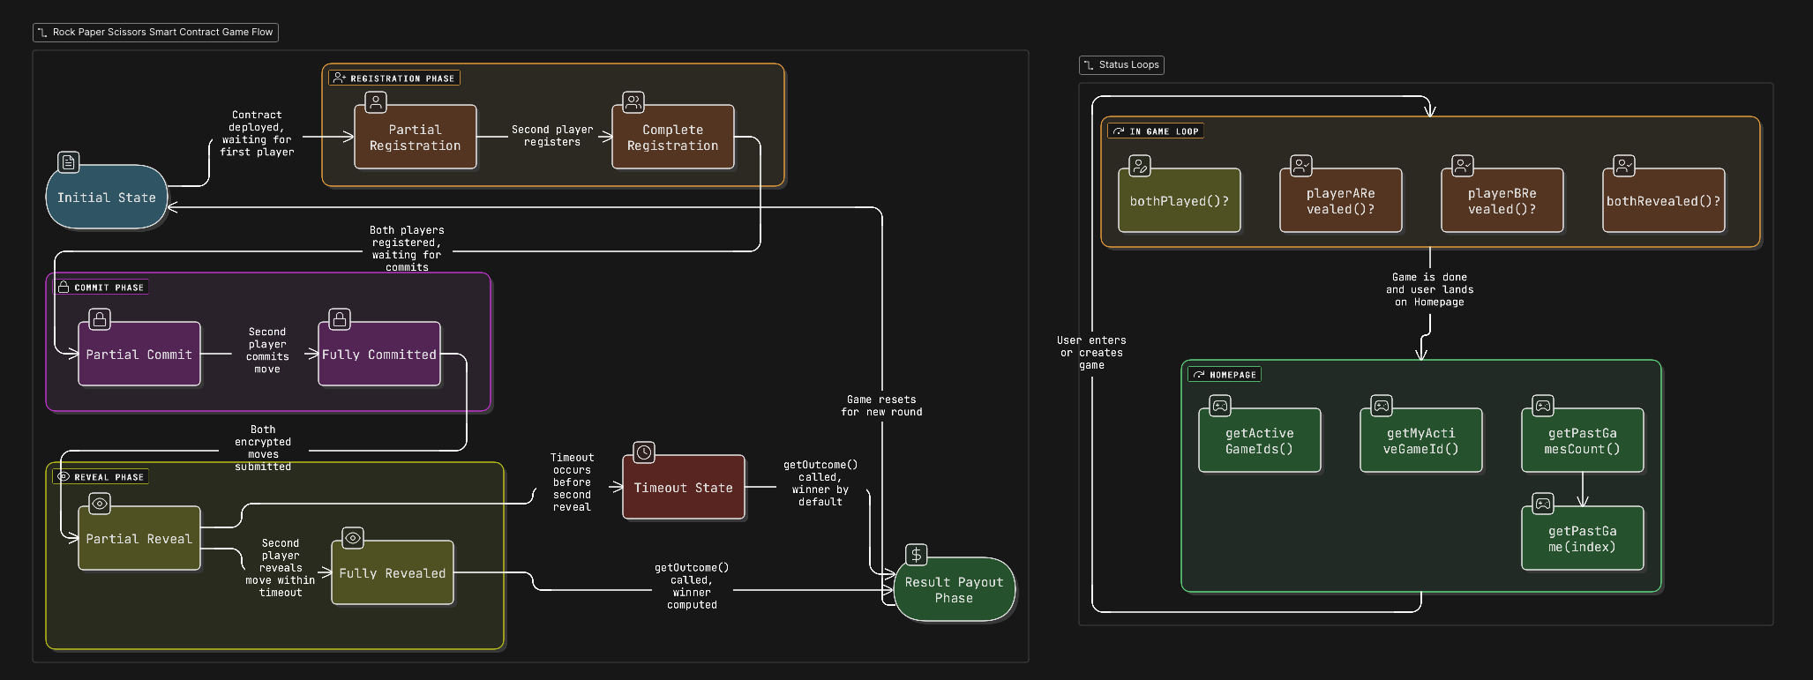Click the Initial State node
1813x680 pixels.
(106, 198)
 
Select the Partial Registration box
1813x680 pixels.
(415, 138)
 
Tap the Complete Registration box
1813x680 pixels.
(672, 138)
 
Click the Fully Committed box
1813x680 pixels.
(378, 355)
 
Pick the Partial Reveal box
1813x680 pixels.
(139, 539)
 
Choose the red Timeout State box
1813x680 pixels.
(683, 488)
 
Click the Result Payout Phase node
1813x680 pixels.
(954, 590)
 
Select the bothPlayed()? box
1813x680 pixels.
(1179, 201)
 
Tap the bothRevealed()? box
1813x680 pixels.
(1663, 201)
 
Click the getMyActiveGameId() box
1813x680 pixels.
(1420, 441)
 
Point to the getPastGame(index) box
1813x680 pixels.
(1582, 539)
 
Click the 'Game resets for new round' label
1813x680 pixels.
(881, 406)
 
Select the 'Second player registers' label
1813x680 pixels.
(552, 136)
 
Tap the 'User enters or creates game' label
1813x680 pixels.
(1091, 353)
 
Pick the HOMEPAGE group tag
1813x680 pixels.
(1225, 375)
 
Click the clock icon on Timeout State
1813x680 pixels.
(644, 452)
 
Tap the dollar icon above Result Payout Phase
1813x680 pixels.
(917, 555)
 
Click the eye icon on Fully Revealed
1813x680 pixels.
(352, 538)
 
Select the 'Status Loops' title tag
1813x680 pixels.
(1121, 65)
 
